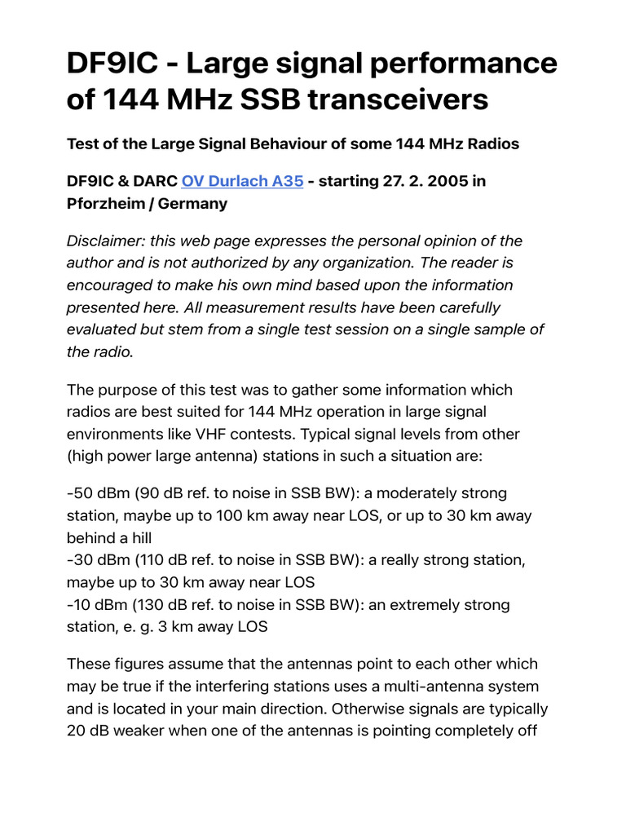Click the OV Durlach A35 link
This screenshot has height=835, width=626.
(242, 181)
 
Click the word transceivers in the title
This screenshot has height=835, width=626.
(390, 99)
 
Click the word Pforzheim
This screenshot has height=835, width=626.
(106, 204)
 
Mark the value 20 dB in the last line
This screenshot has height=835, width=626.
(90, 731)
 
